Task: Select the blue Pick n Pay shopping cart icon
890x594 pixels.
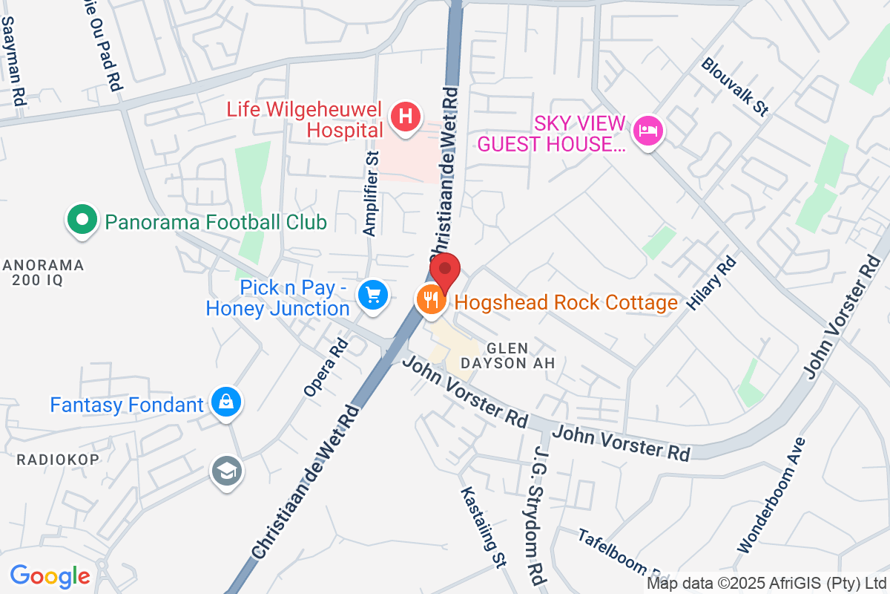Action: coord(372,295)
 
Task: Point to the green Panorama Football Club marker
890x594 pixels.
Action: coord(83,221)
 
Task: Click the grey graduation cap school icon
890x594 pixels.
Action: coord(226,470)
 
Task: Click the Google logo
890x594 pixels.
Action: coord(50,575)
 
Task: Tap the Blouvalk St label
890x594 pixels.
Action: coord(734,87)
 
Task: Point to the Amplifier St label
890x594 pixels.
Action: coord(371,192)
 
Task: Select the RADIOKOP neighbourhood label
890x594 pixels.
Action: coord(58,460)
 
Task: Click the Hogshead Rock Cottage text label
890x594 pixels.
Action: coord(566,302)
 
